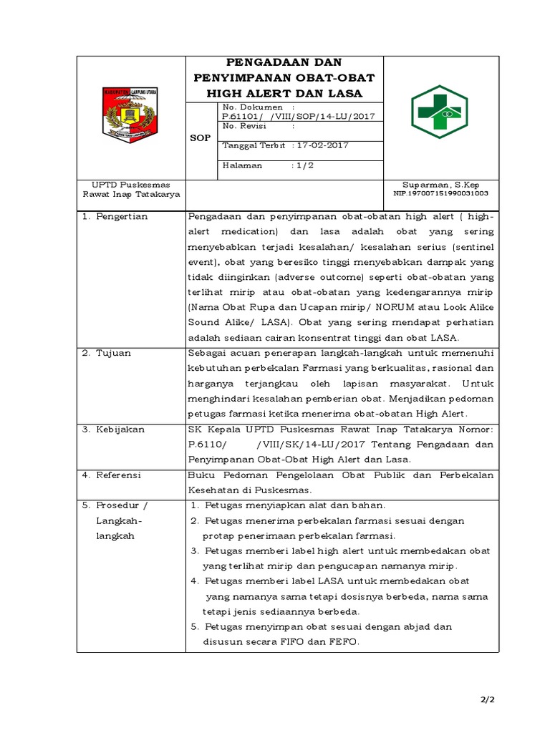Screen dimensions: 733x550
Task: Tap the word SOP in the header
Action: tap(201, 137)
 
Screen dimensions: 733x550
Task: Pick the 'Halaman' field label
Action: tap(243, 165)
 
